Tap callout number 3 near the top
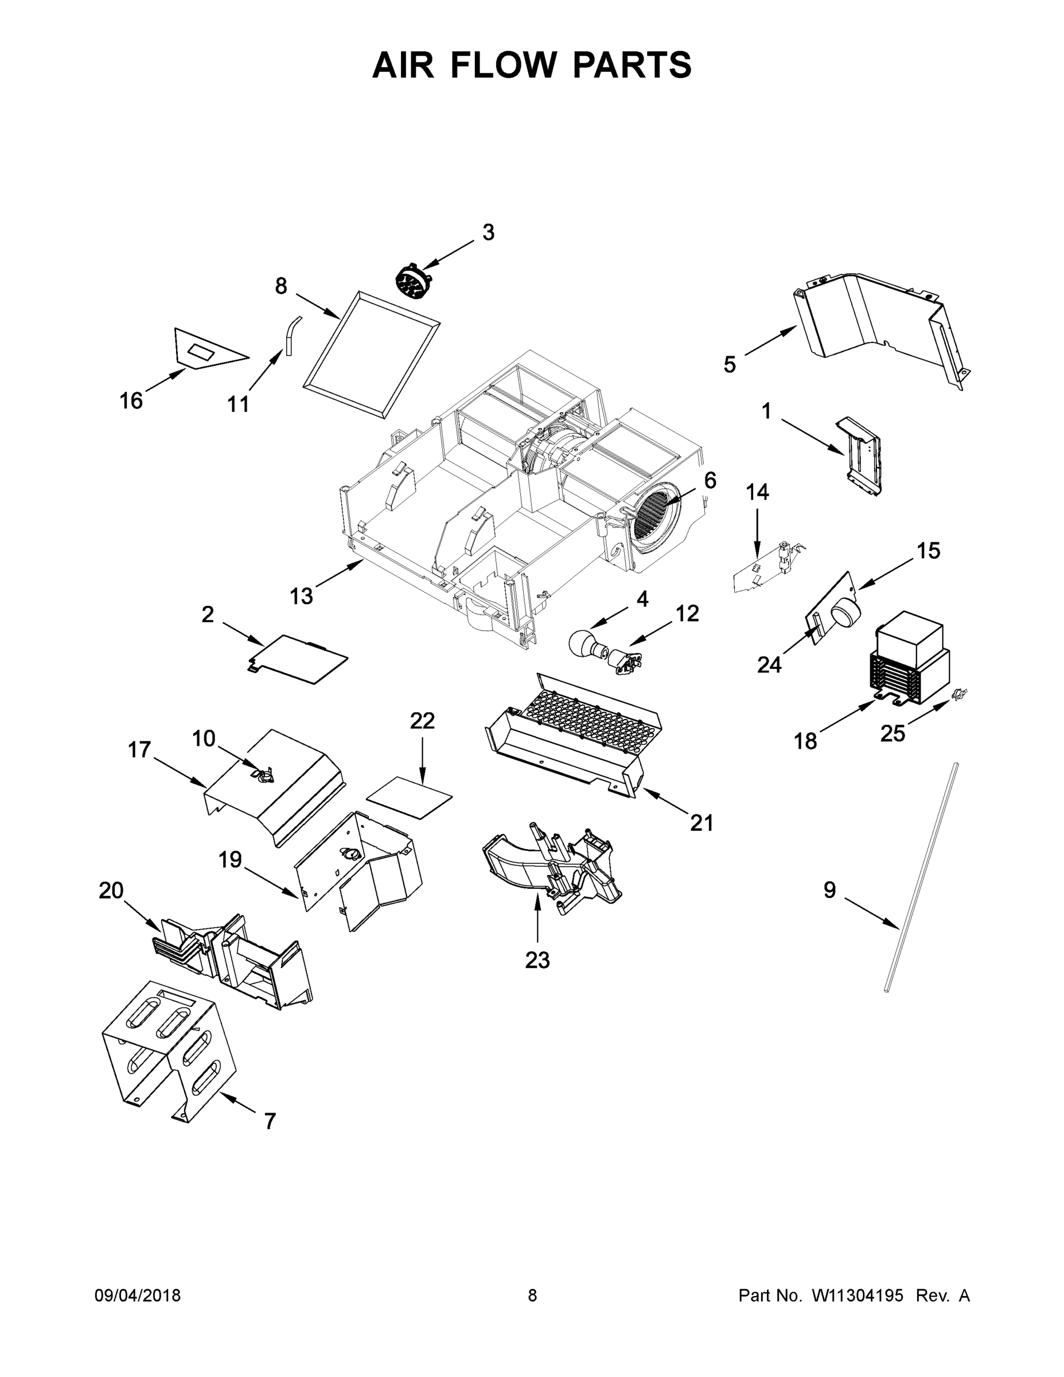pos(488,232)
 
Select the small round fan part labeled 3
pos(412,281)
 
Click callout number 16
pos(131,400)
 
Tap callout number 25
pos(892,733)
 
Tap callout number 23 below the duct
pos(537,960)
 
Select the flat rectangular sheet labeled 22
pos(410,798)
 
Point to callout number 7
pos(270,1121)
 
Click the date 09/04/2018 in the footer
pos(138,1295)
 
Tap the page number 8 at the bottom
pos(532,1295)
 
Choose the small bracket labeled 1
pos(861,455)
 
